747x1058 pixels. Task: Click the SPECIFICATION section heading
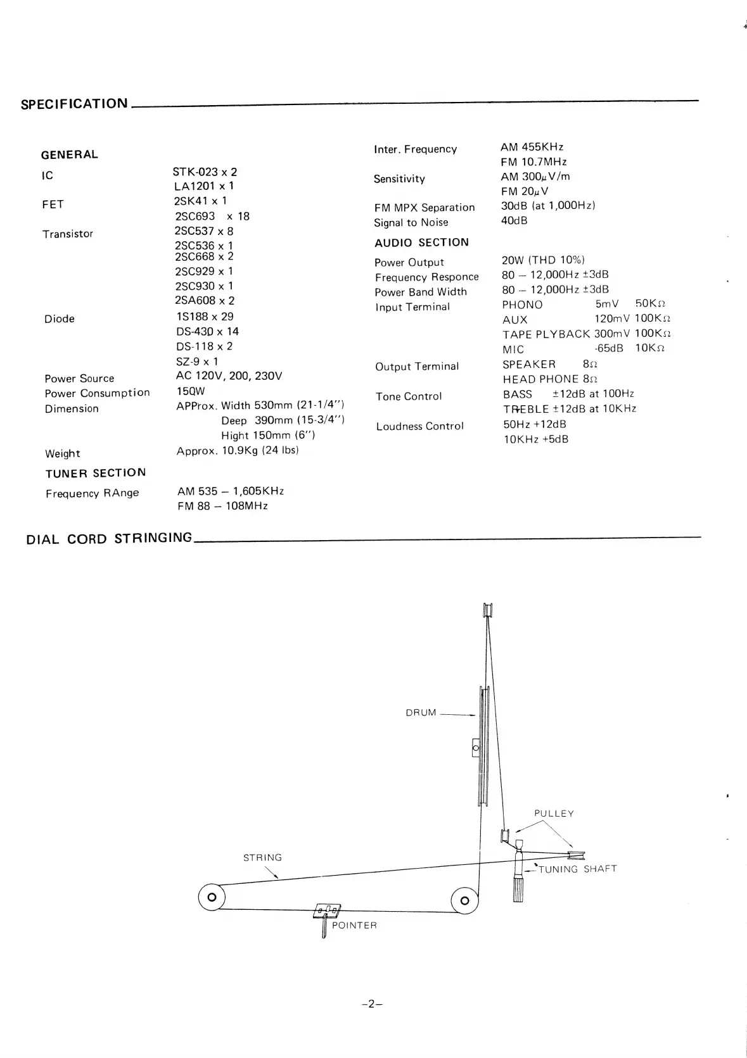tap(74, 104)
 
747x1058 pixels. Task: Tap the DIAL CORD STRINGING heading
tap(109, 539)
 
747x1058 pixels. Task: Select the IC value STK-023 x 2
tap(205, 172)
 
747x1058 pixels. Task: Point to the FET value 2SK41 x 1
tap(200, 201)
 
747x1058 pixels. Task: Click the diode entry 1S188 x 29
tap(205, 317)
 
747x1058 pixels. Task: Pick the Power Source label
tap(79, 379)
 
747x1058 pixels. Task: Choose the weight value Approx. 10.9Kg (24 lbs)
tap(238, 451)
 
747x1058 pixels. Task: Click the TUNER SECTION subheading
tap(96, 473)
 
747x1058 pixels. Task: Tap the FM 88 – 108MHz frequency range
tap(222, 506)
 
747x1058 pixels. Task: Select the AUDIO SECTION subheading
tap(421, 242)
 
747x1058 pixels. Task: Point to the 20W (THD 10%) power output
tap(543, 260)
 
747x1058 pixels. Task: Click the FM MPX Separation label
tap(424, 208)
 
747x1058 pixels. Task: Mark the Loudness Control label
tap(419, 426)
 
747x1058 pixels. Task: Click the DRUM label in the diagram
tap(421, 713)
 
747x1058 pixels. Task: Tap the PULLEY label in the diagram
tap(554, 814)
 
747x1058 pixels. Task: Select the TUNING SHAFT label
tap(577, 869)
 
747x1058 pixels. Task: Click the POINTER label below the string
tap(354, 926)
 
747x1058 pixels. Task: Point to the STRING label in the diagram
tap(262, 858)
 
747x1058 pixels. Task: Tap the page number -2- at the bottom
tap(373, 1004)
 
